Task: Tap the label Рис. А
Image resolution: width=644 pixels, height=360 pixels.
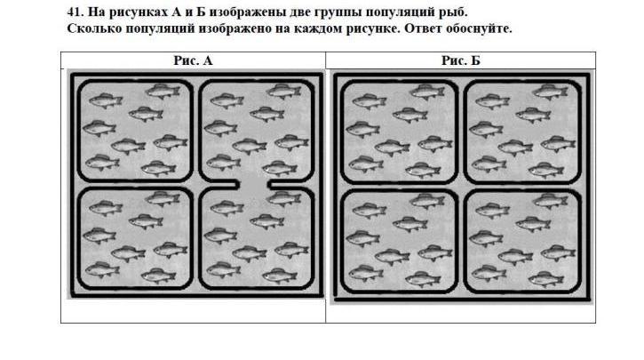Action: click(193, 60)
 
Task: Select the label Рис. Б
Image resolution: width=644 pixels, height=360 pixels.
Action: click(460, 60)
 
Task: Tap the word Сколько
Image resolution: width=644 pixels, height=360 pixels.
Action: click(95, 28)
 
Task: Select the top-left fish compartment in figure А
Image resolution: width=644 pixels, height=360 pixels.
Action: click(133, 131)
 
